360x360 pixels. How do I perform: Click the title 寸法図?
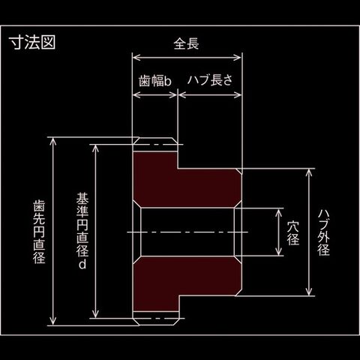click(32, 42)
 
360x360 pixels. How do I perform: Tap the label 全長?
click(186, 43)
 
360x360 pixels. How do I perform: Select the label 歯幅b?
click(155, 81)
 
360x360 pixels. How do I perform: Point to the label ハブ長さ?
click(210, 80)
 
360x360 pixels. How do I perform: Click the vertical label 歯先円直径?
click(39, 231)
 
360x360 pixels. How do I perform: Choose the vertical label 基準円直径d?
click(82, 230)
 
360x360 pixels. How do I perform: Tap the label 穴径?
click(293, 233)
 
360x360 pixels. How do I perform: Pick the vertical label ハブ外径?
click(324, 232)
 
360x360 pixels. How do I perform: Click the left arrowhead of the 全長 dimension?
click(136, 58)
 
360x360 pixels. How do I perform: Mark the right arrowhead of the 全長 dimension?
click(238, 58)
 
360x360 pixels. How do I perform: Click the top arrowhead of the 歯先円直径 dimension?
click(52, 141)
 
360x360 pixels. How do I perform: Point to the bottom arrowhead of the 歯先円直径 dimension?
click(52, 322)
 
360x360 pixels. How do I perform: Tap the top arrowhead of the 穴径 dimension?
click(279, 212)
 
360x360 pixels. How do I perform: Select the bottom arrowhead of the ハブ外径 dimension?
click(310, 292)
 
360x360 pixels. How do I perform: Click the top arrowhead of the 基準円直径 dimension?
click(95, 148)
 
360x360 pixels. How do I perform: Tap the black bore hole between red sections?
click(187, 232)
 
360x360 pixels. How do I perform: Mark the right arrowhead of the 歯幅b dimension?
click(173, 95)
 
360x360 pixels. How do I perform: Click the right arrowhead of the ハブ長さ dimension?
click(238, 95)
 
